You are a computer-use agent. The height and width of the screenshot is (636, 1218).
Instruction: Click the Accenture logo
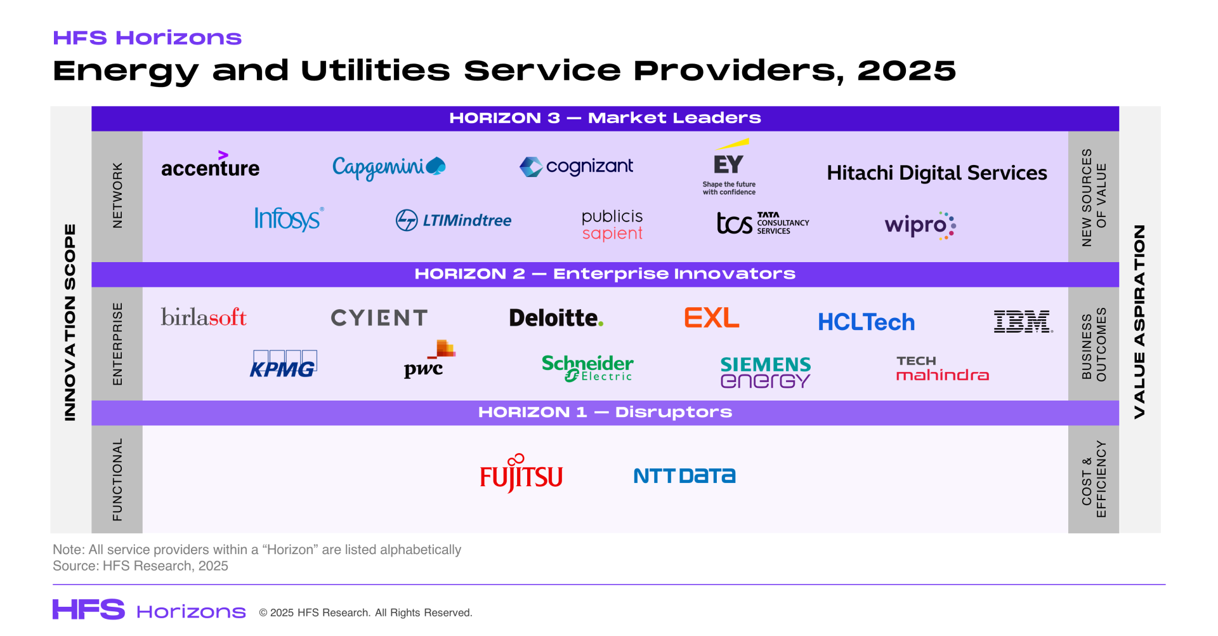coord(210,164)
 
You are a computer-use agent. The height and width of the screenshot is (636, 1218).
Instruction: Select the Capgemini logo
coord(389,168)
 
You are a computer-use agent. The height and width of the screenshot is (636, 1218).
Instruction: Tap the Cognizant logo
coord(576,167)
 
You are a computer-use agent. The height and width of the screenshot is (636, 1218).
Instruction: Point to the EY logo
coord(729,167)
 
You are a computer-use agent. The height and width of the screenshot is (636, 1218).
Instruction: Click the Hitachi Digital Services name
coord(937,173)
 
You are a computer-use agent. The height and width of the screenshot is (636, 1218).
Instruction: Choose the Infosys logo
coord(289,219)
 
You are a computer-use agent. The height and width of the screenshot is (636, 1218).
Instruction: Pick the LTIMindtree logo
coord(453,220)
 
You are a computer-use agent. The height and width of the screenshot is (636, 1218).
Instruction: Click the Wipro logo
coord(920,225)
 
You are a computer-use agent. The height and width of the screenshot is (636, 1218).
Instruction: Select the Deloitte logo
coord(556,317)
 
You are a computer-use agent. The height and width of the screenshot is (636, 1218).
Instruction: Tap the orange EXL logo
coord(712,317)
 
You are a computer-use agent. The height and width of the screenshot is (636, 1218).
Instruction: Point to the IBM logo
coord(1023,321)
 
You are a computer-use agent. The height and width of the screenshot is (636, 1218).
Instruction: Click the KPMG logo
coord(283,364)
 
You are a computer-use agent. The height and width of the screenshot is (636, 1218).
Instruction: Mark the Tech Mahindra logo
coord(942,369)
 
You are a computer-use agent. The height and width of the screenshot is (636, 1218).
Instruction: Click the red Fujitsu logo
coord(521,474)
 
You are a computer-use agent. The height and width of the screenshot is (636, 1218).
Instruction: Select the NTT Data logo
coord(684,476)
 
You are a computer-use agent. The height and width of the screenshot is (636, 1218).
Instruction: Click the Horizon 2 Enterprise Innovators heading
coord(605,274)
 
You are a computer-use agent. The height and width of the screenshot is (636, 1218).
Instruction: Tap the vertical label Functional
coord(117,479)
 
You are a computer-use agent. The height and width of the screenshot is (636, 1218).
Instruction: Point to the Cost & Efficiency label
coord(1094,479)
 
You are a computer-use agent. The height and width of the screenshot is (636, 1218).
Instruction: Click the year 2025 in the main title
coord(907,70)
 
